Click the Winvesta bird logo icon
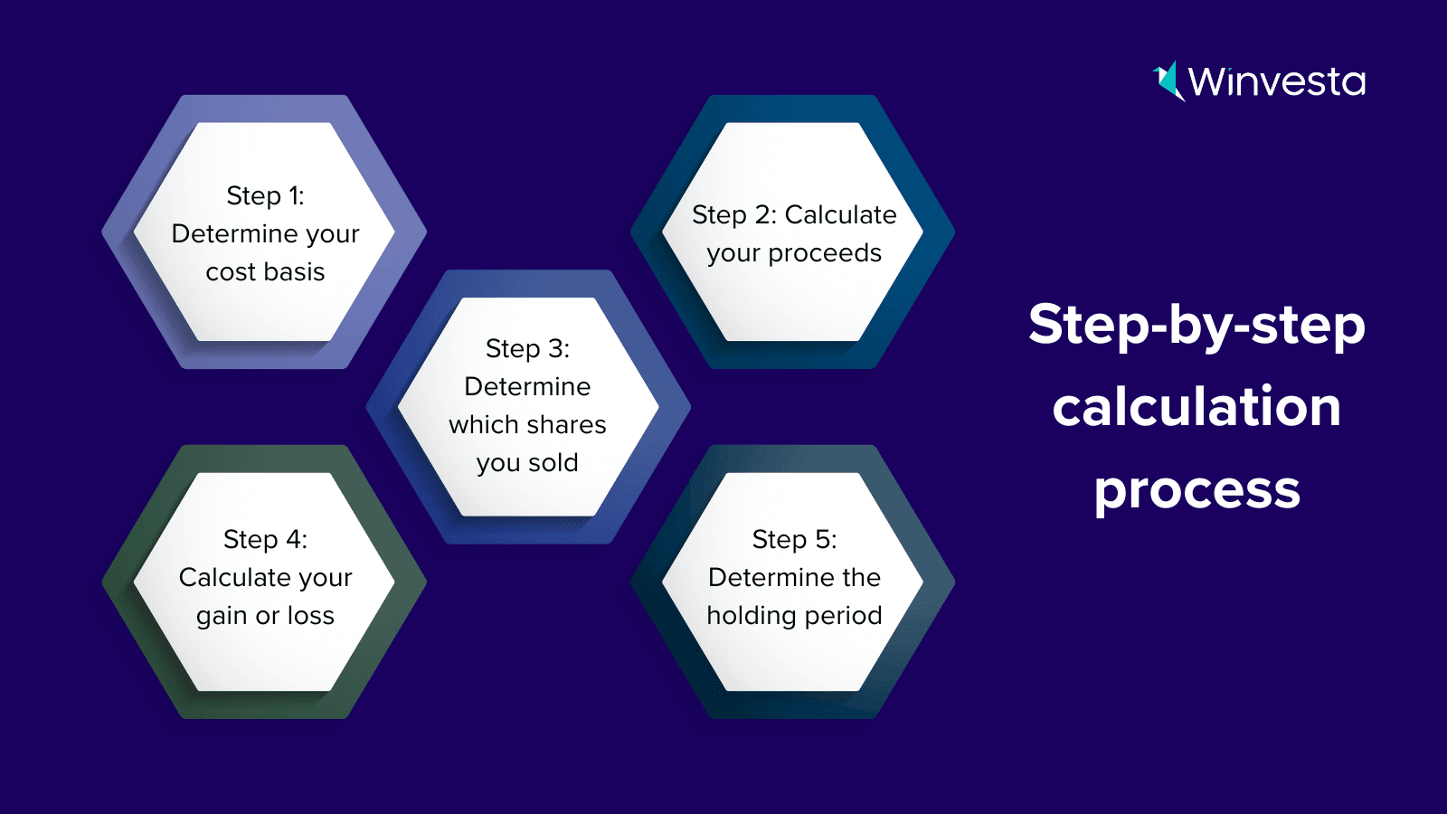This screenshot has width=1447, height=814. [x=1168, y=81]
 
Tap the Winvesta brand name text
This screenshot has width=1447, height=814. [x=1276, y=82]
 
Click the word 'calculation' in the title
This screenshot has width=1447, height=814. [x=1196, y=406]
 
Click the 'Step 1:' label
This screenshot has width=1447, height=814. [x=265, y=195]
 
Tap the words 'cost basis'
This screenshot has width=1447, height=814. [x=265, y=272]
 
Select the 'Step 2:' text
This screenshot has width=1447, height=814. [x=733, y=215]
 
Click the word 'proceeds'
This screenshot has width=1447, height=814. [x=825, y=254]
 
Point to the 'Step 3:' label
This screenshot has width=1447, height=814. [x=527, y=349]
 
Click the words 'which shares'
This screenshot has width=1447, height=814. [x=527, y=424]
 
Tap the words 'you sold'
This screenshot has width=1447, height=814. [x=527, y=463]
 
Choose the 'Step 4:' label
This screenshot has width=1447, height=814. [x=265, y=539]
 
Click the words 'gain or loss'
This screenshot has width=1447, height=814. [x=265, y=616]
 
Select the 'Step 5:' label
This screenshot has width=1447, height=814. [x=794, y=539]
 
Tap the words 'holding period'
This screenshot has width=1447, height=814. [x=794, y=615]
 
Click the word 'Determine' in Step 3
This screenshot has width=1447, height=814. [x=527, y=386]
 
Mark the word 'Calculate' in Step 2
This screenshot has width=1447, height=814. [x=840, y=215]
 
